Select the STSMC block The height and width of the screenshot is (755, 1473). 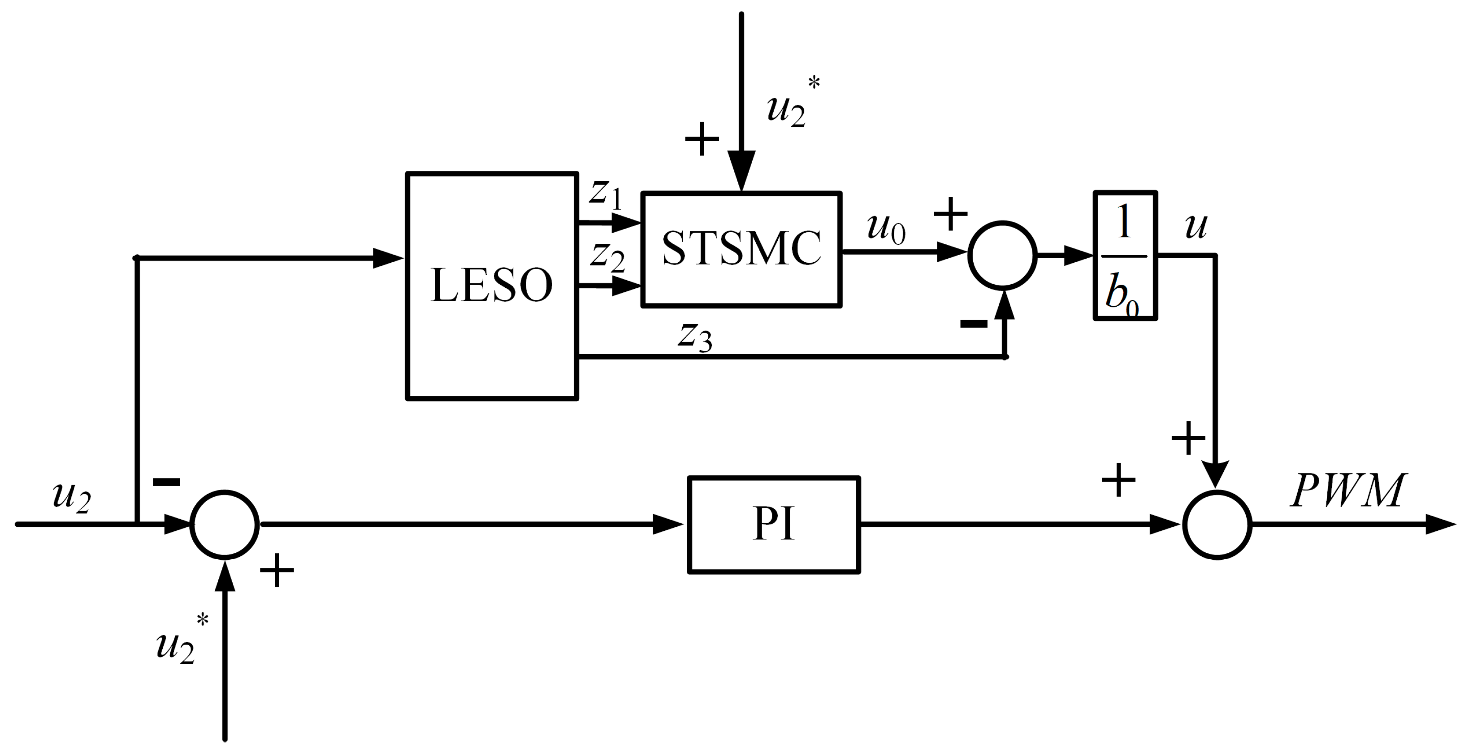tap(741, 249)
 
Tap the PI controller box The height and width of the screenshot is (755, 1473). tap(774, 525)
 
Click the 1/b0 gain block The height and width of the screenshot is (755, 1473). tap(1125, 255)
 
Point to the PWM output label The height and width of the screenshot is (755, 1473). tap(1348, 491)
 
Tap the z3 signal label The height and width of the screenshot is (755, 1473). tap(695, 336)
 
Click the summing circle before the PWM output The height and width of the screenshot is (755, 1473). tap(1217, 525)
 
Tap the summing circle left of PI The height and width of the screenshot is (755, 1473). tap(224, 524)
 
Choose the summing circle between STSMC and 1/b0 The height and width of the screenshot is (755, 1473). tap(1002, 255)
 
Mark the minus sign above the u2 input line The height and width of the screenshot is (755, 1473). tap(166, 482)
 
